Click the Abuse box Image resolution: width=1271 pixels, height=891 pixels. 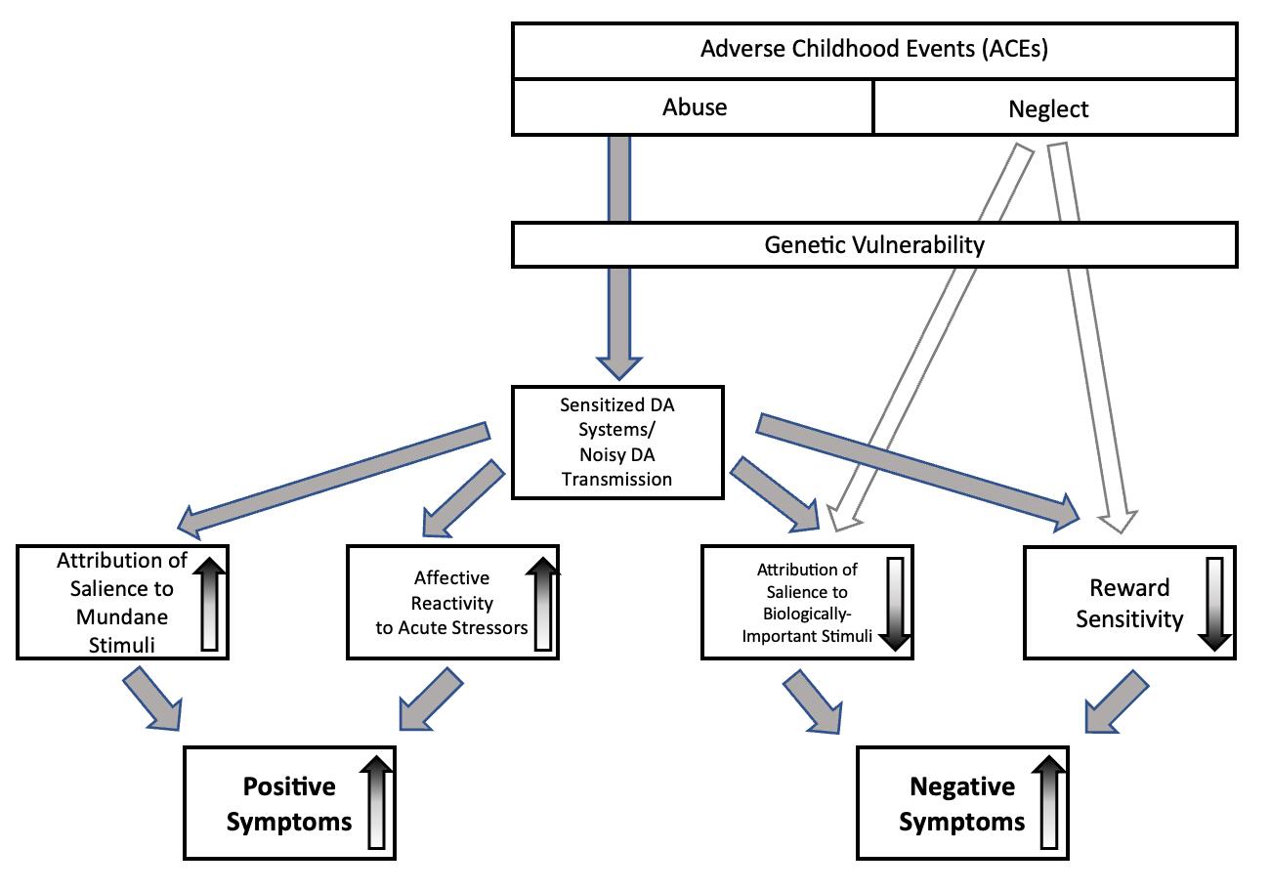coord(694,106)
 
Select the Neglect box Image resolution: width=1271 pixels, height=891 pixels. coord(1054,108)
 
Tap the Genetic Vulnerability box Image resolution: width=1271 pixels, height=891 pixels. coord(873,244)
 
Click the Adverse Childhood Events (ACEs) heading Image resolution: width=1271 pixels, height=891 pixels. coord(873,50)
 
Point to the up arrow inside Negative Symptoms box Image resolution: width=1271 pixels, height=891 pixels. coord(1049,805)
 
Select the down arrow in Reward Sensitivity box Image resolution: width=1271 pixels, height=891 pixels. coord(1215,603)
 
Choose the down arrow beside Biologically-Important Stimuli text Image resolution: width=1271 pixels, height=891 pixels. coord(895,604)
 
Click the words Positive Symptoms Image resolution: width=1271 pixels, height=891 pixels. coord(289,804)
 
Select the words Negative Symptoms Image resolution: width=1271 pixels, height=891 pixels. coord(962,804)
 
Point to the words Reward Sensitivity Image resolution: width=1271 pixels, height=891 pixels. coord(1129,603)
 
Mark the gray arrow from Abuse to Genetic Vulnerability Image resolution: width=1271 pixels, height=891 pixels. coord(618,179)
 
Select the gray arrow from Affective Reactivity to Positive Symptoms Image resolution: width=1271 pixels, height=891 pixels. coord(430,702)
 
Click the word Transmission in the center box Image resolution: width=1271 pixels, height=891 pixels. coord(616,479)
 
